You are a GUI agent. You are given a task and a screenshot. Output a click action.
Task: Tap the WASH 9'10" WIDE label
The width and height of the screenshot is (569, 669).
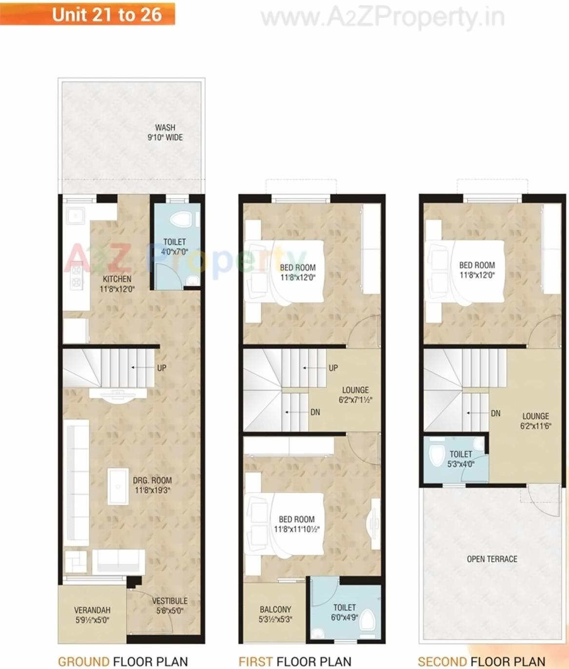[x=165, y=133]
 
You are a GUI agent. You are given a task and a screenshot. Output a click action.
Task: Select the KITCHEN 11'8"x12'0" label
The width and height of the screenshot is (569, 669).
[x=117, y=284]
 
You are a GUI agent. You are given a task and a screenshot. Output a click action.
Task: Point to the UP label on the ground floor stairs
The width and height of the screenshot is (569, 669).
[x=161, y=368]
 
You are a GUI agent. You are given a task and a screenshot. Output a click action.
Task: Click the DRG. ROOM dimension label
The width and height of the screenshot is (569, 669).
[x=152, y=485]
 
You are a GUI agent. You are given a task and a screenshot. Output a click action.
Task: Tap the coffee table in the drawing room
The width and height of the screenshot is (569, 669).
[x=118, y=486]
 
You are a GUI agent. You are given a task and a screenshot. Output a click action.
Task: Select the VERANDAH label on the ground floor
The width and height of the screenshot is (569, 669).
[x=92, y=615]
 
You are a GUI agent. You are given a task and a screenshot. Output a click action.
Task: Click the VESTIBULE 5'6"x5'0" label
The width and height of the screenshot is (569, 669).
[x=169, y=606]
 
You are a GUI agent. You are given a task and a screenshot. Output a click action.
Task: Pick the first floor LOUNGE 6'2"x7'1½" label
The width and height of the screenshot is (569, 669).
[x=355, y=395]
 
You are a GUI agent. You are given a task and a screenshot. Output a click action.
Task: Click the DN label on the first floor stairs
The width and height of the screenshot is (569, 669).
[x=315, y=413]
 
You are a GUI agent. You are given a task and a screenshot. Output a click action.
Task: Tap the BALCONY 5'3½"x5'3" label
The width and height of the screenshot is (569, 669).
[x=275, y=614]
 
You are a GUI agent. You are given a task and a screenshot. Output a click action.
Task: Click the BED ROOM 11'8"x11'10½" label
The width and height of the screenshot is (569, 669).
[x=296, y=524]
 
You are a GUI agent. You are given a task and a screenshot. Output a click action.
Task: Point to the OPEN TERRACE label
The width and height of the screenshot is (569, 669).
[x=492, y=559]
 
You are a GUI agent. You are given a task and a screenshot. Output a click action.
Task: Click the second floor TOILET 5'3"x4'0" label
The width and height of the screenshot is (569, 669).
[x=461, y=459]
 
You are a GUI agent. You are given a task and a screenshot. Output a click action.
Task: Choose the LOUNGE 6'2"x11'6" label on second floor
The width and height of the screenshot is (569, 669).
[x=535, y=421]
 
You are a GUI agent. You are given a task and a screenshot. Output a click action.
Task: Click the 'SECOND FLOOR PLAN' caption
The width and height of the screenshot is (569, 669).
[x=481, y=661]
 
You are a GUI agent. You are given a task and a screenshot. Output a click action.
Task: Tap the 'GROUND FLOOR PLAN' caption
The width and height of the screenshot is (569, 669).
[x=123, y=661]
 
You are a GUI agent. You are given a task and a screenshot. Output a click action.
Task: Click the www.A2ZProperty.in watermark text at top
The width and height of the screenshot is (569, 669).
[x=383, y=19]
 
